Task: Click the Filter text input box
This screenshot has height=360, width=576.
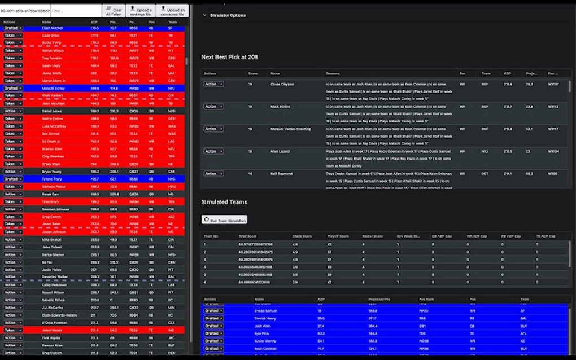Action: [75, 11]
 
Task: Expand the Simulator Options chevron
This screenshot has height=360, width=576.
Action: [204, 15]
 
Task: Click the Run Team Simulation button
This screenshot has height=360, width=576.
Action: [224, 219]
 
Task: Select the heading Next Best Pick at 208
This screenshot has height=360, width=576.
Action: [229, 57]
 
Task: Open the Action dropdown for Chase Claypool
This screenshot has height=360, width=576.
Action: [213, 84]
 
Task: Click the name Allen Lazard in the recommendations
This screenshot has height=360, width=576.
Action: [280, 151]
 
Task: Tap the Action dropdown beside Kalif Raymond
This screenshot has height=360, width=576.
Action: [213, 174]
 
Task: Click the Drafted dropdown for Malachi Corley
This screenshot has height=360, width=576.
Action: [12, 89]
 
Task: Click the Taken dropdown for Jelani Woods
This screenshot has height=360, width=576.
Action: [12, 330]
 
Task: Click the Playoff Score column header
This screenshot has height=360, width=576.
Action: [338, 236]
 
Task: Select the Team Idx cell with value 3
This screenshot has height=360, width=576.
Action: [204, 259]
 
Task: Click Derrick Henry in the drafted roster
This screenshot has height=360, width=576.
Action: [265, 319]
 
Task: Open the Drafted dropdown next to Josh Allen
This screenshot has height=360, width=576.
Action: [213, 326]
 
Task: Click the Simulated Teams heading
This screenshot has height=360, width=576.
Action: [224, 202]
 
